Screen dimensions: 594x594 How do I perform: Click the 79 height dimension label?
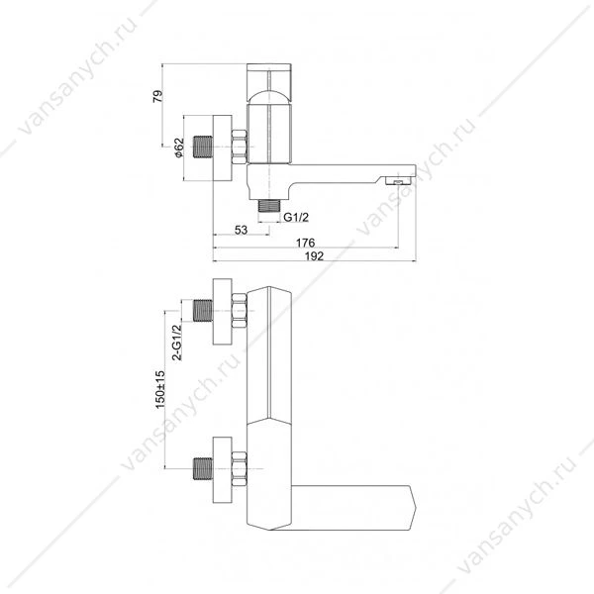(x=158, y=96)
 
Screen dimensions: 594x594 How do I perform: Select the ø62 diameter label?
(x=178, y=148)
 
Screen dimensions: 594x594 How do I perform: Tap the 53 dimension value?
(x=241, y=230)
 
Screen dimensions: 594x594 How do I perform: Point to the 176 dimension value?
(x=305, y=243)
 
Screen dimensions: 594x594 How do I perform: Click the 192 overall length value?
(x=315, y=256)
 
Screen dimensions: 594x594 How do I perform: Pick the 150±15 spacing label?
(x=160, y=390)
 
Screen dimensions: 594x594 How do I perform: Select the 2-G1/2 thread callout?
(x=177, y=343)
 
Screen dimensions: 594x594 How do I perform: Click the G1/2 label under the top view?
(x=296, y=217)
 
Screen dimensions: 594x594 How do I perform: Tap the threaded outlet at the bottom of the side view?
(x=269, y=206)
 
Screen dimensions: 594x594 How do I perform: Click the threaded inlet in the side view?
(x=203, y=147)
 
